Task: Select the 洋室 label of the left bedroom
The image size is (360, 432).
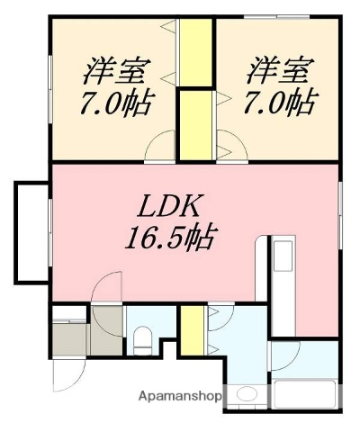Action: pyautogui.click(x=116, y=70)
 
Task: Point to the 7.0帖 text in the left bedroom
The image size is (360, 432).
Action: pyautogui.click(x=114, y=101)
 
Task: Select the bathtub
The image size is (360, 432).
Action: pyautogui.click(x=303, y=396)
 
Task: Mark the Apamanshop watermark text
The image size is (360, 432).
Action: pyautogui.click(x=179, y=395)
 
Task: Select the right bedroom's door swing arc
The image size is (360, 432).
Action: pyautogui.click(x=225, y=144)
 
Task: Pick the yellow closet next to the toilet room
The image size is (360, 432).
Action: pyautogui.click(x=191, y=330)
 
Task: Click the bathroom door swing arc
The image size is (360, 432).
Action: pyautogui.click(x=282, y=355)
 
